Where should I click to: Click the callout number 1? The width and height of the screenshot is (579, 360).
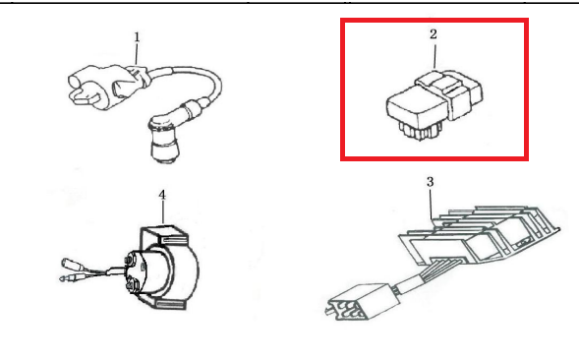point(137,37)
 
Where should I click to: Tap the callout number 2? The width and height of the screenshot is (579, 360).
point(434,34)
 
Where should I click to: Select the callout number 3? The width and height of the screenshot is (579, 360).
point(430,182)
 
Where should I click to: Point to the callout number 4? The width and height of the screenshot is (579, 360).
point(162,195)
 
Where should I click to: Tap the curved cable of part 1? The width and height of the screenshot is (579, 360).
point(196,79)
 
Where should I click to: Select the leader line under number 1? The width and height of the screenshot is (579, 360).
point(137,54)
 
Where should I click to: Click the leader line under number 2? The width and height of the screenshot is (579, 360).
point(435,56)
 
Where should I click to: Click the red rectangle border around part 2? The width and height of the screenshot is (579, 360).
point(434,20)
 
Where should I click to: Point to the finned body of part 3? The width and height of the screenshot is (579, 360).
point(480,235)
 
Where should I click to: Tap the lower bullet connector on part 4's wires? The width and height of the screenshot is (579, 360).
point(69,278)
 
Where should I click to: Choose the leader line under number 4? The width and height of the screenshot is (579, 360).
point(163,212)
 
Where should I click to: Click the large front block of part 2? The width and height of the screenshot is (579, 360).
point(417,106)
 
